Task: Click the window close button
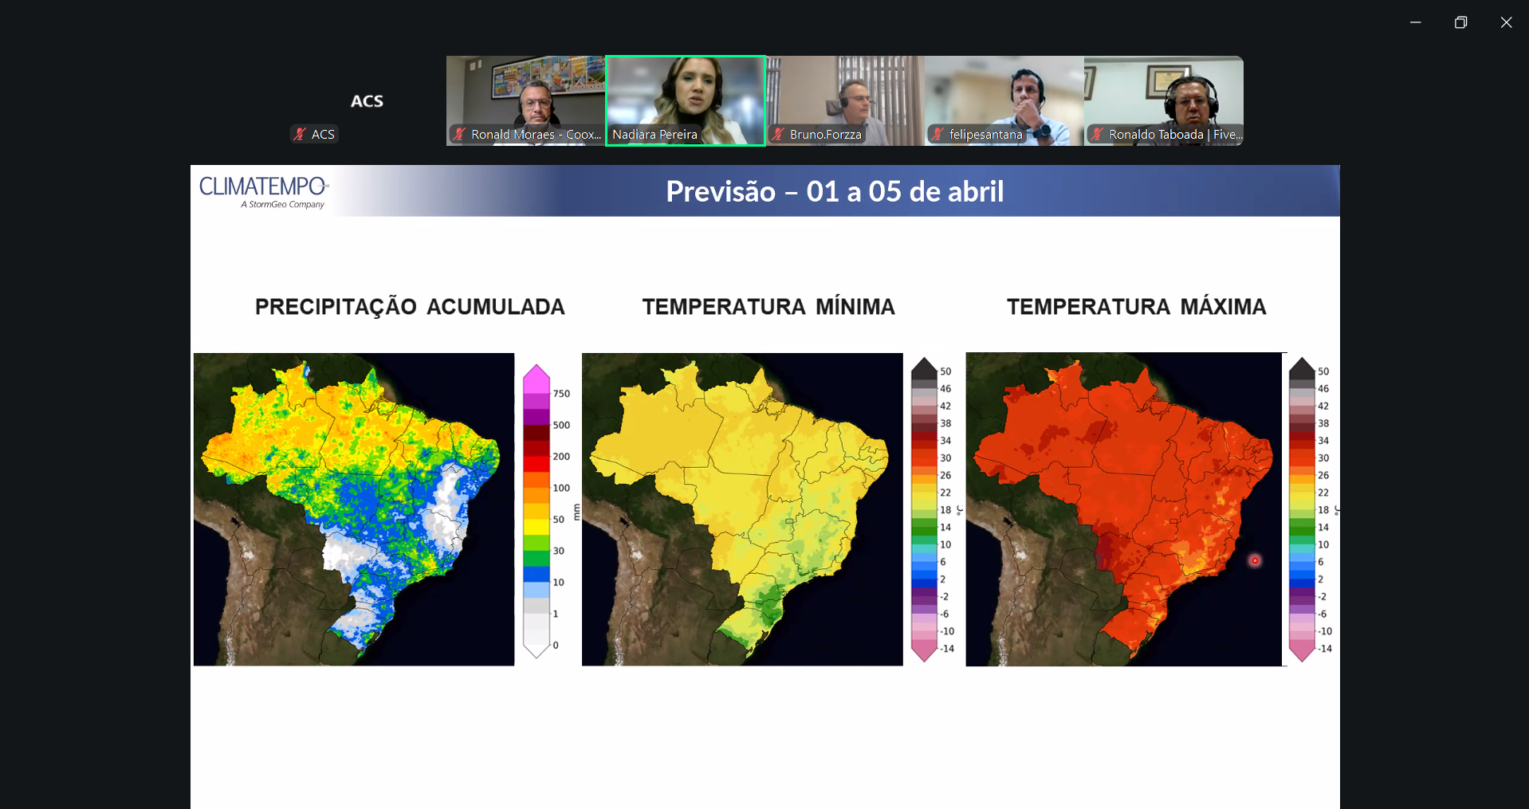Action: [1506, 22]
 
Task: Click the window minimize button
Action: [1416, 22]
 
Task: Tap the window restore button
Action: [1460, 22]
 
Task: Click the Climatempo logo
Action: [264, 192]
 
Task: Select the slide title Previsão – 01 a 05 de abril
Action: [835, 191]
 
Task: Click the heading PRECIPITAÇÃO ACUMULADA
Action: [410, 307]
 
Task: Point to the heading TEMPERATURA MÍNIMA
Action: [768, 307]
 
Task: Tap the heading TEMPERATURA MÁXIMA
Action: [1136, 307]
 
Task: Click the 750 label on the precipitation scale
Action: [561, 394]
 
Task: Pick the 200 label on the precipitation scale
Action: [561, 457]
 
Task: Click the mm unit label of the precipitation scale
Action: [577, 512]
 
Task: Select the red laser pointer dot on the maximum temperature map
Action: [1255, 560]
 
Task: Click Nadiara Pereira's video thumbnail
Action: [686, 100]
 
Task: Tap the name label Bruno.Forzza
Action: [825, 135]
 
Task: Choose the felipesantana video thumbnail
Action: [1004, 100]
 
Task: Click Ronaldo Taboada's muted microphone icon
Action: [1097, 134]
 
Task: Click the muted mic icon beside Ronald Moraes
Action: [459, 134]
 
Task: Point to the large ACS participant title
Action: [367, 101]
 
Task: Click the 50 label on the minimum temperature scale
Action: [945, 371]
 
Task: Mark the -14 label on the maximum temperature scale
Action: [1324, 649]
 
